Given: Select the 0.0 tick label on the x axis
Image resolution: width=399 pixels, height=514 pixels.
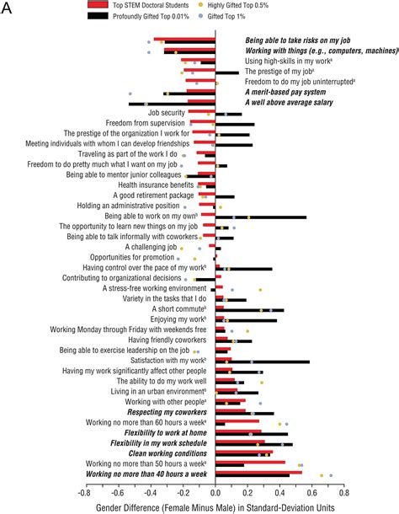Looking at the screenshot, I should pos(217,491).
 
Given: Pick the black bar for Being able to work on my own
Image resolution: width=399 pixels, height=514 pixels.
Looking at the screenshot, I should pos(261,217).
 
